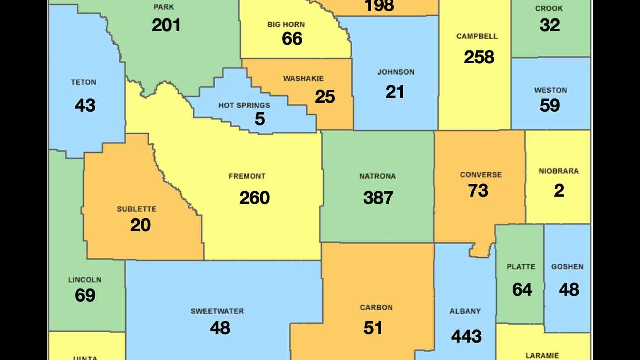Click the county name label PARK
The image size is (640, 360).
coord(164,7)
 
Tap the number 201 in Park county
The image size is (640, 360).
coord(166,25)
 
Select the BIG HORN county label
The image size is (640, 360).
coord(286,25)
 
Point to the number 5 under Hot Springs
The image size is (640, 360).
coord(260,119)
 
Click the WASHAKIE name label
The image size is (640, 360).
coord(303,79)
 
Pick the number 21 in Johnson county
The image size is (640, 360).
coord(395,92)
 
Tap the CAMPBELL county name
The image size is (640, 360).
coord(477,36)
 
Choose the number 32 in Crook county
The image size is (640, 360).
coord(550,25)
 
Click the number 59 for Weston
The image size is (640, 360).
coord(550,106)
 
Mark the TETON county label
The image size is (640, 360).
coord(84,82)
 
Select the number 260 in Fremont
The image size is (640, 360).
coord(255,198)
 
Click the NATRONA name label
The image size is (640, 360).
coord(377,176)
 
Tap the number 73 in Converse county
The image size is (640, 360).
coord(478,191)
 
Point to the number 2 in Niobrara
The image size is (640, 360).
coord(559,191)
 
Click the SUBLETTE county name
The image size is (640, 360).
coord(137,209)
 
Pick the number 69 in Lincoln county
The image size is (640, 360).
coord(85,295)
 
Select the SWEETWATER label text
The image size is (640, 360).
coord(217,311)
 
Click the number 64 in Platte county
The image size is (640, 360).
coord(522,290)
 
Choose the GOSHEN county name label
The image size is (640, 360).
coord(567,267)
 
